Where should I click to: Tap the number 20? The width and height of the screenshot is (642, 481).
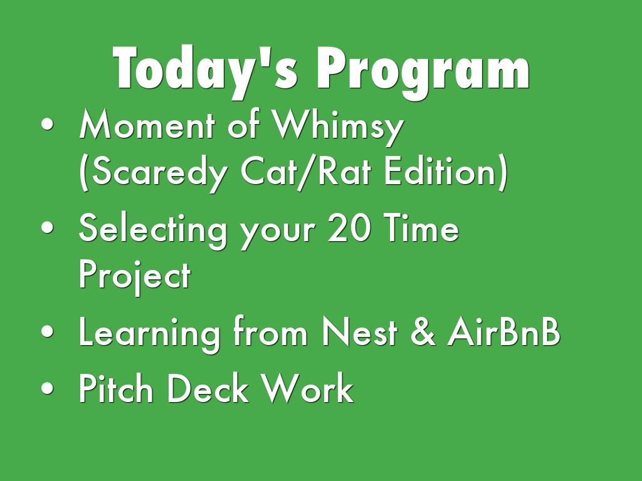tap(349, 228)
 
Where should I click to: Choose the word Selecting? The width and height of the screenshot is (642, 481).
tap(153, 231)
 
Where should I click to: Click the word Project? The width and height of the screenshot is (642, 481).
tap(135, 277)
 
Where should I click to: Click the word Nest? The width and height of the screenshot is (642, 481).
tap(359, 332)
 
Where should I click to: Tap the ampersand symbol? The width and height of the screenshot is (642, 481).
tap(423, 332)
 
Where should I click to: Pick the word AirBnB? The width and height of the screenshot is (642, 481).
tap(503, 332)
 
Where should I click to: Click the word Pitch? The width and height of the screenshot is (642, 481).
tap(116, 388)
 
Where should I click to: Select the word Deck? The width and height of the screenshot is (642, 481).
tap(208, 388)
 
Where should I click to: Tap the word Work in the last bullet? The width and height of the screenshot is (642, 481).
tap(307, 388)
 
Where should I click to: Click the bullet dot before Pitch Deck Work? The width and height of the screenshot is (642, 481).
tap(48, 388)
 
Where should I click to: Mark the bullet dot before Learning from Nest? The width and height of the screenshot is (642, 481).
tap(48, 331)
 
